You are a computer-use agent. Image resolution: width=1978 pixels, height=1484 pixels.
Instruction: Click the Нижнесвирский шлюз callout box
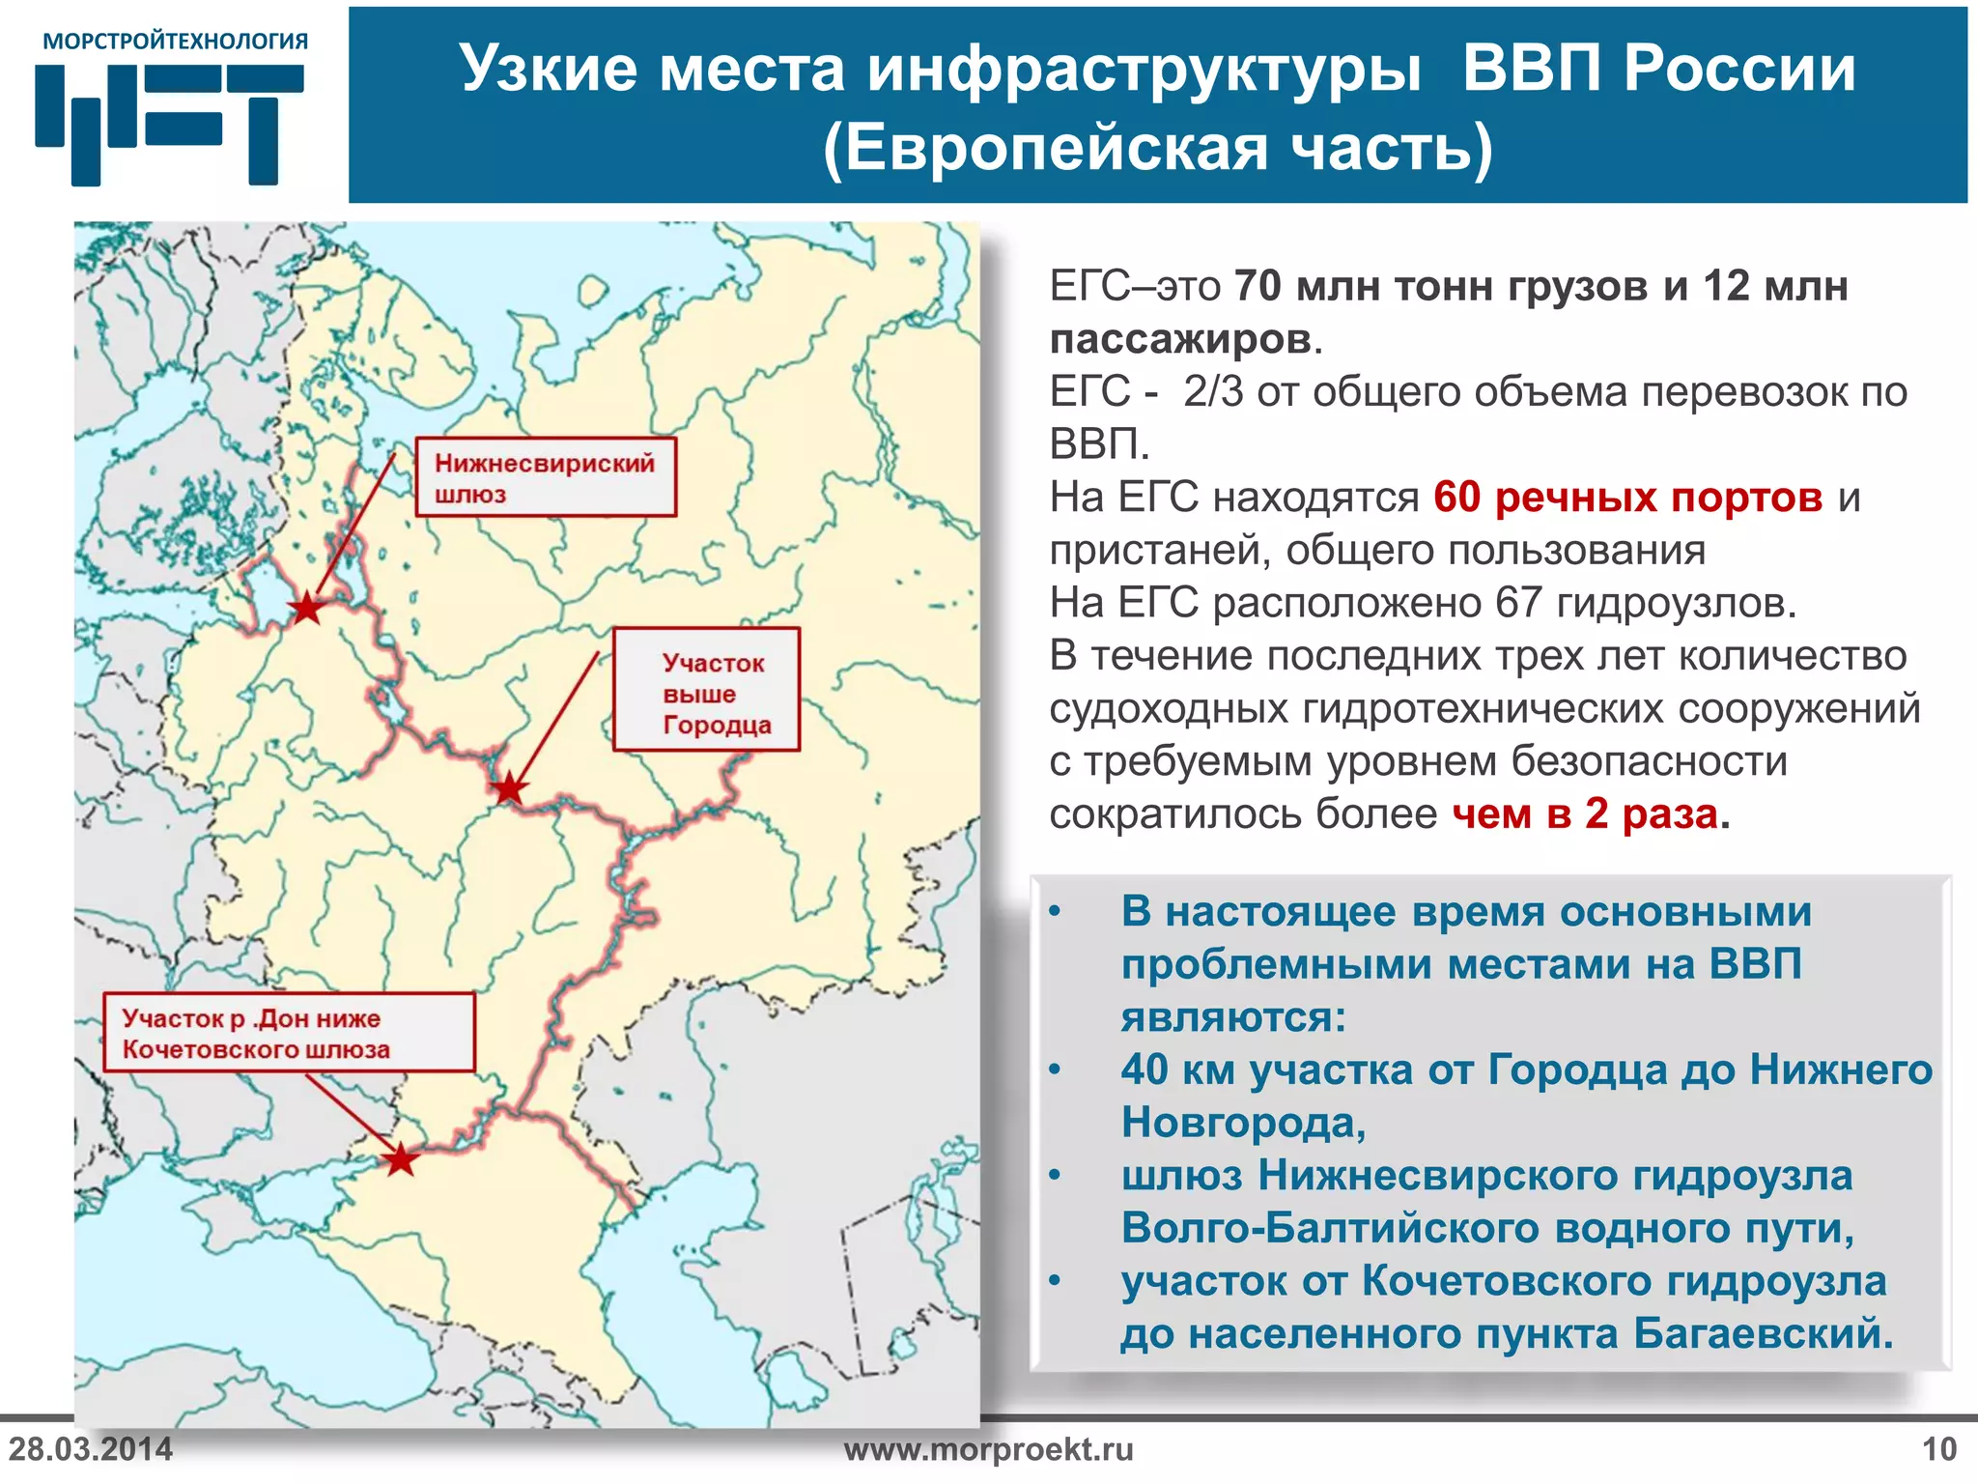(546, 477)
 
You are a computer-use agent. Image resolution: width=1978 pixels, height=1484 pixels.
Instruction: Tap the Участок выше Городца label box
(707, 690)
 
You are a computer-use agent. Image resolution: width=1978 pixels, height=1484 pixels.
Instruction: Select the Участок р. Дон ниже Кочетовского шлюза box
(290, 1033)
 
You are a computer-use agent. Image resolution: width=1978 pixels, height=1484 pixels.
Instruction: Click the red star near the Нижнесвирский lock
(307, 609)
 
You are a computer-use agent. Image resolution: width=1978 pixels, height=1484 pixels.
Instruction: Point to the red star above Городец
(509, 789)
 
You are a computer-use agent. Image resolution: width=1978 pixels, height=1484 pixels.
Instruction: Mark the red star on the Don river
(400, 1159)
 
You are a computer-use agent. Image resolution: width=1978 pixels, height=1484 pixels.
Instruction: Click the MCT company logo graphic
(170, 124)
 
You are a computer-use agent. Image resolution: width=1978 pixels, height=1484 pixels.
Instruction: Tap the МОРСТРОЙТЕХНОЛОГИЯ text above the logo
(176, 42)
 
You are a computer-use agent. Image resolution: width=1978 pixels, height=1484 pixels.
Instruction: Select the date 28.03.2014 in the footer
(91, 1449)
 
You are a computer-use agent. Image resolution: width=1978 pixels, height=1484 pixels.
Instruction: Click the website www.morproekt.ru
(988, 1449)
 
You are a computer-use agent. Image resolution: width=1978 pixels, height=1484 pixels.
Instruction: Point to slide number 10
(1939, 1449)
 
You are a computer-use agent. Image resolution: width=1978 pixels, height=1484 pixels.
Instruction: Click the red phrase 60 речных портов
(1627, 498)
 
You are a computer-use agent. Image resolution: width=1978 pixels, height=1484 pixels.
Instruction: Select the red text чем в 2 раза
(1585, 814)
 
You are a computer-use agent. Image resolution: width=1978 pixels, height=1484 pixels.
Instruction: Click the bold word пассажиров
(1181, 339)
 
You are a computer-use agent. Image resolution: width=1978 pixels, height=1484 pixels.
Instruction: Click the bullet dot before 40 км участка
(1056, 1070)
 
